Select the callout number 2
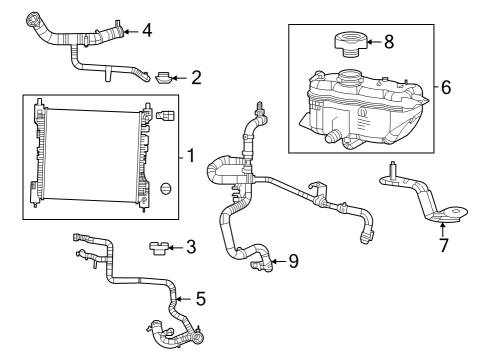[196, 75]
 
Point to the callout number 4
[146, 30]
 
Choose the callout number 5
[200, 297]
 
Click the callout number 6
[446, 88]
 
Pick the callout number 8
[389, 41]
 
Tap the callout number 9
[293, 262]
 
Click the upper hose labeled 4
[75, 42]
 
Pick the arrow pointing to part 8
[372, 41]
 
